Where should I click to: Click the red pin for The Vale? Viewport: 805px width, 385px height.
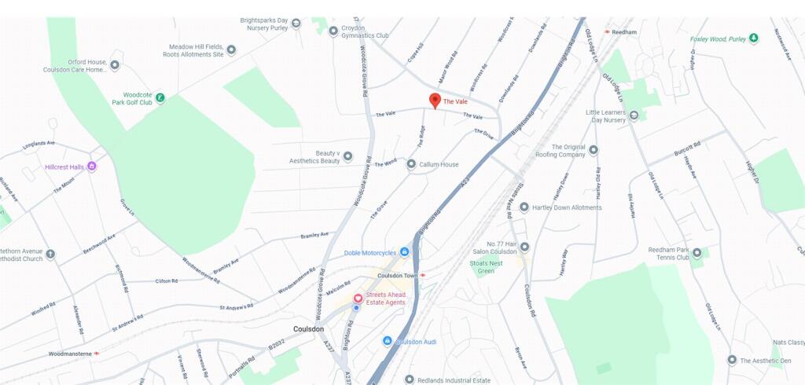(435, 101)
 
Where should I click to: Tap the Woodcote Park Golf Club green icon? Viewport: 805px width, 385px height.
(160, 98)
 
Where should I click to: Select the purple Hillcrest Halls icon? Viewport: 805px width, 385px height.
(92, 166)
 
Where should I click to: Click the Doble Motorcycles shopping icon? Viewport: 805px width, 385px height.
(404, 251)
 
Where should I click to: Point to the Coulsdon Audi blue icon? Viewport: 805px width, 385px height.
(387, 340)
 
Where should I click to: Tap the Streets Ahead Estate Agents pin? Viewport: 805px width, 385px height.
(357, 298)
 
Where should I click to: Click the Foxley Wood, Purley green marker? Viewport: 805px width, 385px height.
(753, 38)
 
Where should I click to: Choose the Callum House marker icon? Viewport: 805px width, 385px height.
(411, 164)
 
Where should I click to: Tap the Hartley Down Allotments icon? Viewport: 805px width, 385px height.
(524, 207)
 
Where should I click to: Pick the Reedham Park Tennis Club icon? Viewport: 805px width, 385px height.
(696, 254)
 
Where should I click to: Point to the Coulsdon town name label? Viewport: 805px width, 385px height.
(308, 328)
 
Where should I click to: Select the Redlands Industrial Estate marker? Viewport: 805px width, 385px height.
(409, 379)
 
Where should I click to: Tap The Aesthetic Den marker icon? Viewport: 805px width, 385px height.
(732, 360)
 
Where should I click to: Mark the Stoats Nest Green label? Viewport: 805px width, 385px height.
(486, 267)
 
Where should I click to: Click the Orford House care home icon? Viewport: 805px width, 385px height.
(115, 65)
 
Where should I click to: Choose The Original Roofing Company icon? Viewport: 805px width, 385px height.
(594, 149)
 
